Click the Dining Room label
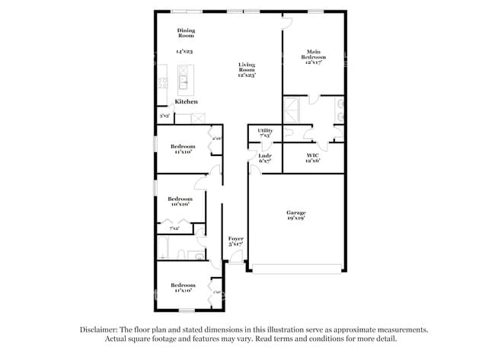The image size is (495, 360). (x=186, y=33)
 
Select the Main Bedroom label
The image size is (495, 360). (x=315, y=55)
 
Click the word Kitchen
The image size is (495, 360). (x=187, y=101)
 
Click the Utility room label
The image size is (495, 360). (x=265, y=131)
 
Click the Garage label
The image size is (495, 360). (x=295, y=212)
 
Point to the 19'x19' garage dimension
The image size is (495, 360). (x=295, y=218)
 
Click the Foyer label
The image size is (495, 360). (x=236, y=238)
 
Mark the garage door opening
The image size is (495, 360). (x=297, y=268)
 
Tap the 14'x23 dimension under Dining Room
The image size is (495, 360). (x=184, y=52)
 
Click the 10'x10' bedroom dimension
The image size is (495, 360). (x=180, y=204)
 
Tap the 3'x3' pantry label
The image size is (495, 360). (x=164, y=116)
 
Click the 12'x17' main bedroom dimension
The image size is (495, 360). (x=315, y=63)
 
